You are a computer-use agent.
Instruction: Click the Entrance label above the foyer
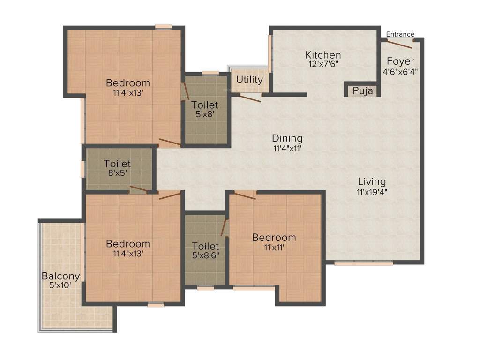point(400,34)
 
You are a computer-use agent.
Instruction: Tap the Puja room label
point(363,91)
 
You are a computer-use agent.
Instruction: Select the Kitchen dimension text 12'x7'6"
point(323,65)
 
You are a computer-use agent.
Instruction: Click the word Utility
point(249,80)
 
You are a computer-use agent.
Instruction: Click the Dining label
point(287,139)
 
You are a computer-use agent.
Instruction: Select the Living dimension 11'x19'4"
point(372,191)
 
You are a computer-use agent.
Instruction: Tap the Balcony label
point(60,276)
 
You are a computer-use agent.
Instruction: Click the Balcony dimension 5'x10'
point(60,285)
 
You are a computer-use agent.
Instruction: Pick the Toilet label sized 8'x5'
point(117,164)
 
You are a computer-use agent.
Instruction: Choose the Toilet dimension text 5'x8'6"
point(205,255)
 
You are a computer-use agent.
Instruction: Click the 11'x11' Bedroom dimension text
point(274,247)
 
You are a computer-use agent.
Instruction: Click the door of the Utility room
point(250,98)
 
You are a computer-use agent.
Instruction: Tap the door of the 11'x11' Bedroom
point(245,195)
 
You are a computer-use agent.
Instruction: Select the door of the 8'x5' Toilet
point(138,189)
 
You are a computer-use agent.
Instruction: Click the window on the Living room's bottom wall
point(364,263)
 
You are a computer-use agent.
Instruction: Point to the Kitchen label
point(323,55)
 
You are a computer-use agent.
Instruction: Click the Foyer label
point(400,61)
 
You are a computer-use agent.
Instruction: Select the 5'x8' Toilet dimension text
point(205,114)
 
